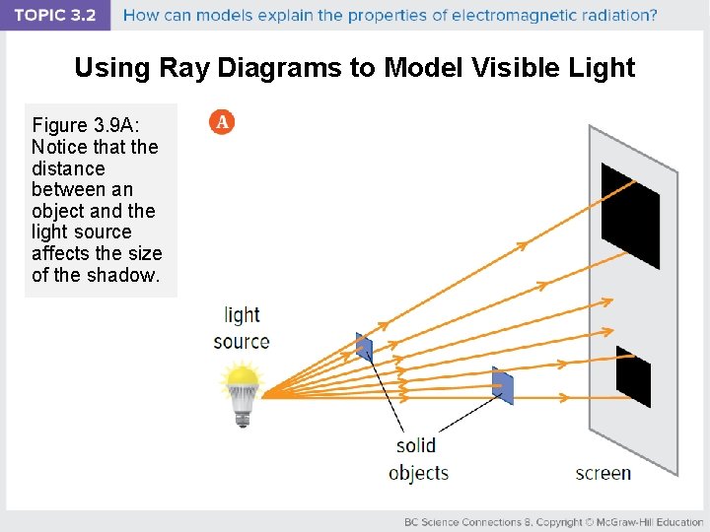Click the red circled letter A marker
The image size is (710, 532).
pos(223,122)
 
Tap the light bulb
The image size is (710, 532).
pos(243,385)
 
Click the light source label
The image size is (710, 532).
pos(242,328)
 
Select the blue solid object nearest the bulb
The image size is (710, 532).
pos(364,347)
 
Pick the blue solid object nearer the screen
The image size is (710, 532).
pos(503,385)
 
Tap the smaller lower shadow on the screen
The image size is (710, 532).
pos(633,376)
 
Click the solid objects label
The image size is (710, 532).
pos(418,459)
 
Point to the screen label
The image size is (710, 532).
pos(603,473)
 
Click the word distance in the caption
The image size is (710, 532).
pos(68,168)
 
